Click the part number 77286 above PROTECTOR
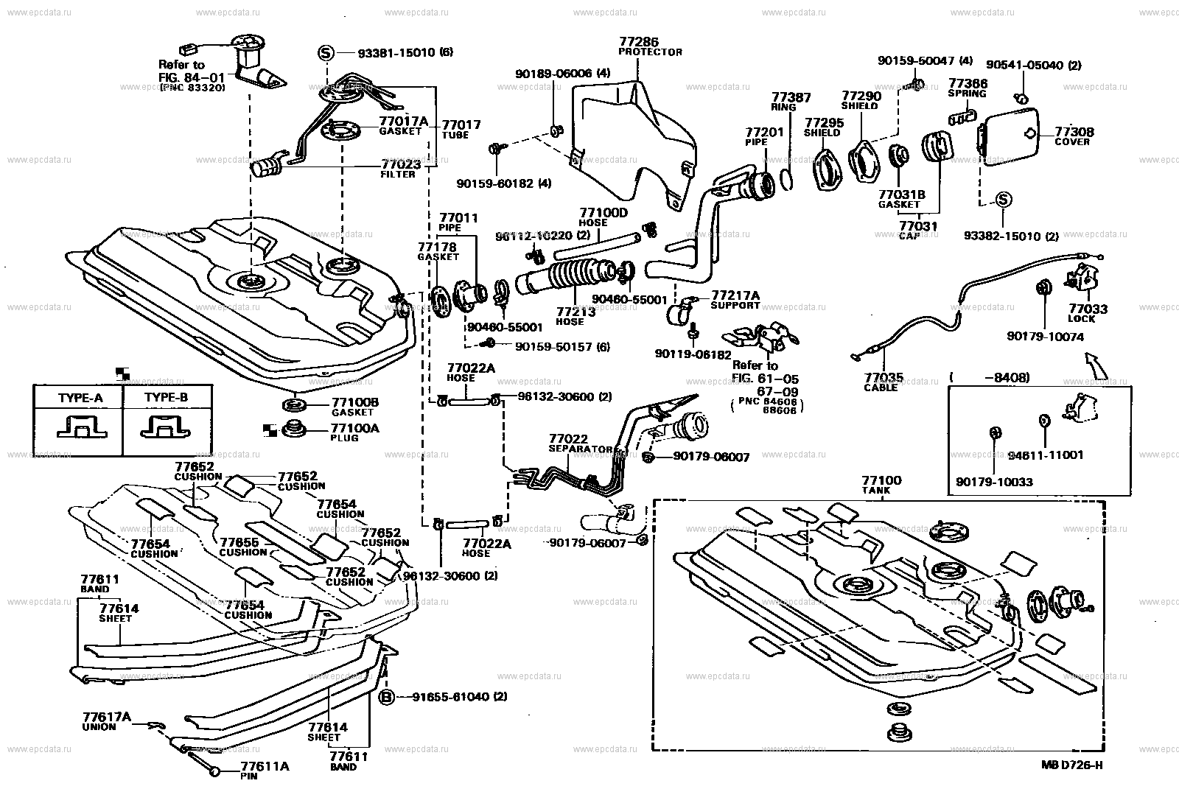tap(639, 43)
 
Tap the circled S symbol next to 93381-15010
tap(326, 52)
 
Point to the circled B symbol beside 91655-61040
tap(385, 697)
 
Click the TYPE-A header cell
tap(80, 398)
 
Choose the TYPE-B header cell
tap(166, 398)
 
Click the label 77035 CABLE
tap(883, 382)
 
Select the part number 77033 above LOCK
tap(1088, 309)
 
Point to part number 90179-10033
tap(995, 482)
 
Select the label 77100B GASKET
tap(354, 407)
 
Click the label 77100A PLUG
tap(354, 432)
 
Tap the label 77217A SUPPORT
tap(735, 299)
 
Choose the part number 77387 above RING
tap(791, 97)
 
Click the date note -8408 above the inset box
tap(1002, 378)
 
